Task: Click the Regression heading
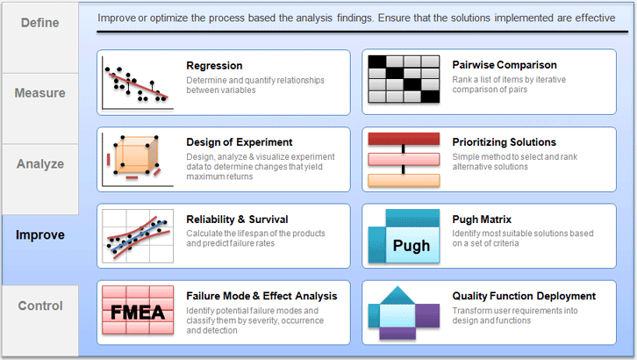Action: tap(214, 66)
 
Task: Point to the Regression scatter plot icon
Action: tap(138, 83)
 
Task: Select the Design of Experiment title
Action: tap(240, 142)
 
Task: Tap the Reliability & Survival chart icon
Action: tap(138, 236)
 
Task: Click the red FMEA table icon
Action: tap(138, 310)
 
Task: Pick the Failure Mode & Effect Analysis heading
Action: tap(261, 296)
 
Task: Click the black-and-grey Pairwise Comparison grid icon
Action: tap(404, 79)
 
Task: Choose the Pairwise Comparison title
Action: tap(505, 65)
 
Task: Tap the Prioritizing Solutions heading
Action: tap(505, 142)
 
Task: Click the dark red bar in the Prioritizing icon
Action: tap(404, 139)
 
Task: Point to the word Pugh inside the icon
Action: tap(412, 246)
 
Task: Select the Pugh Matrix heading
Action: tap(482, 220)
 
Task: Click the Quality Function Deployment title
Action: tap(524, 296)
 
